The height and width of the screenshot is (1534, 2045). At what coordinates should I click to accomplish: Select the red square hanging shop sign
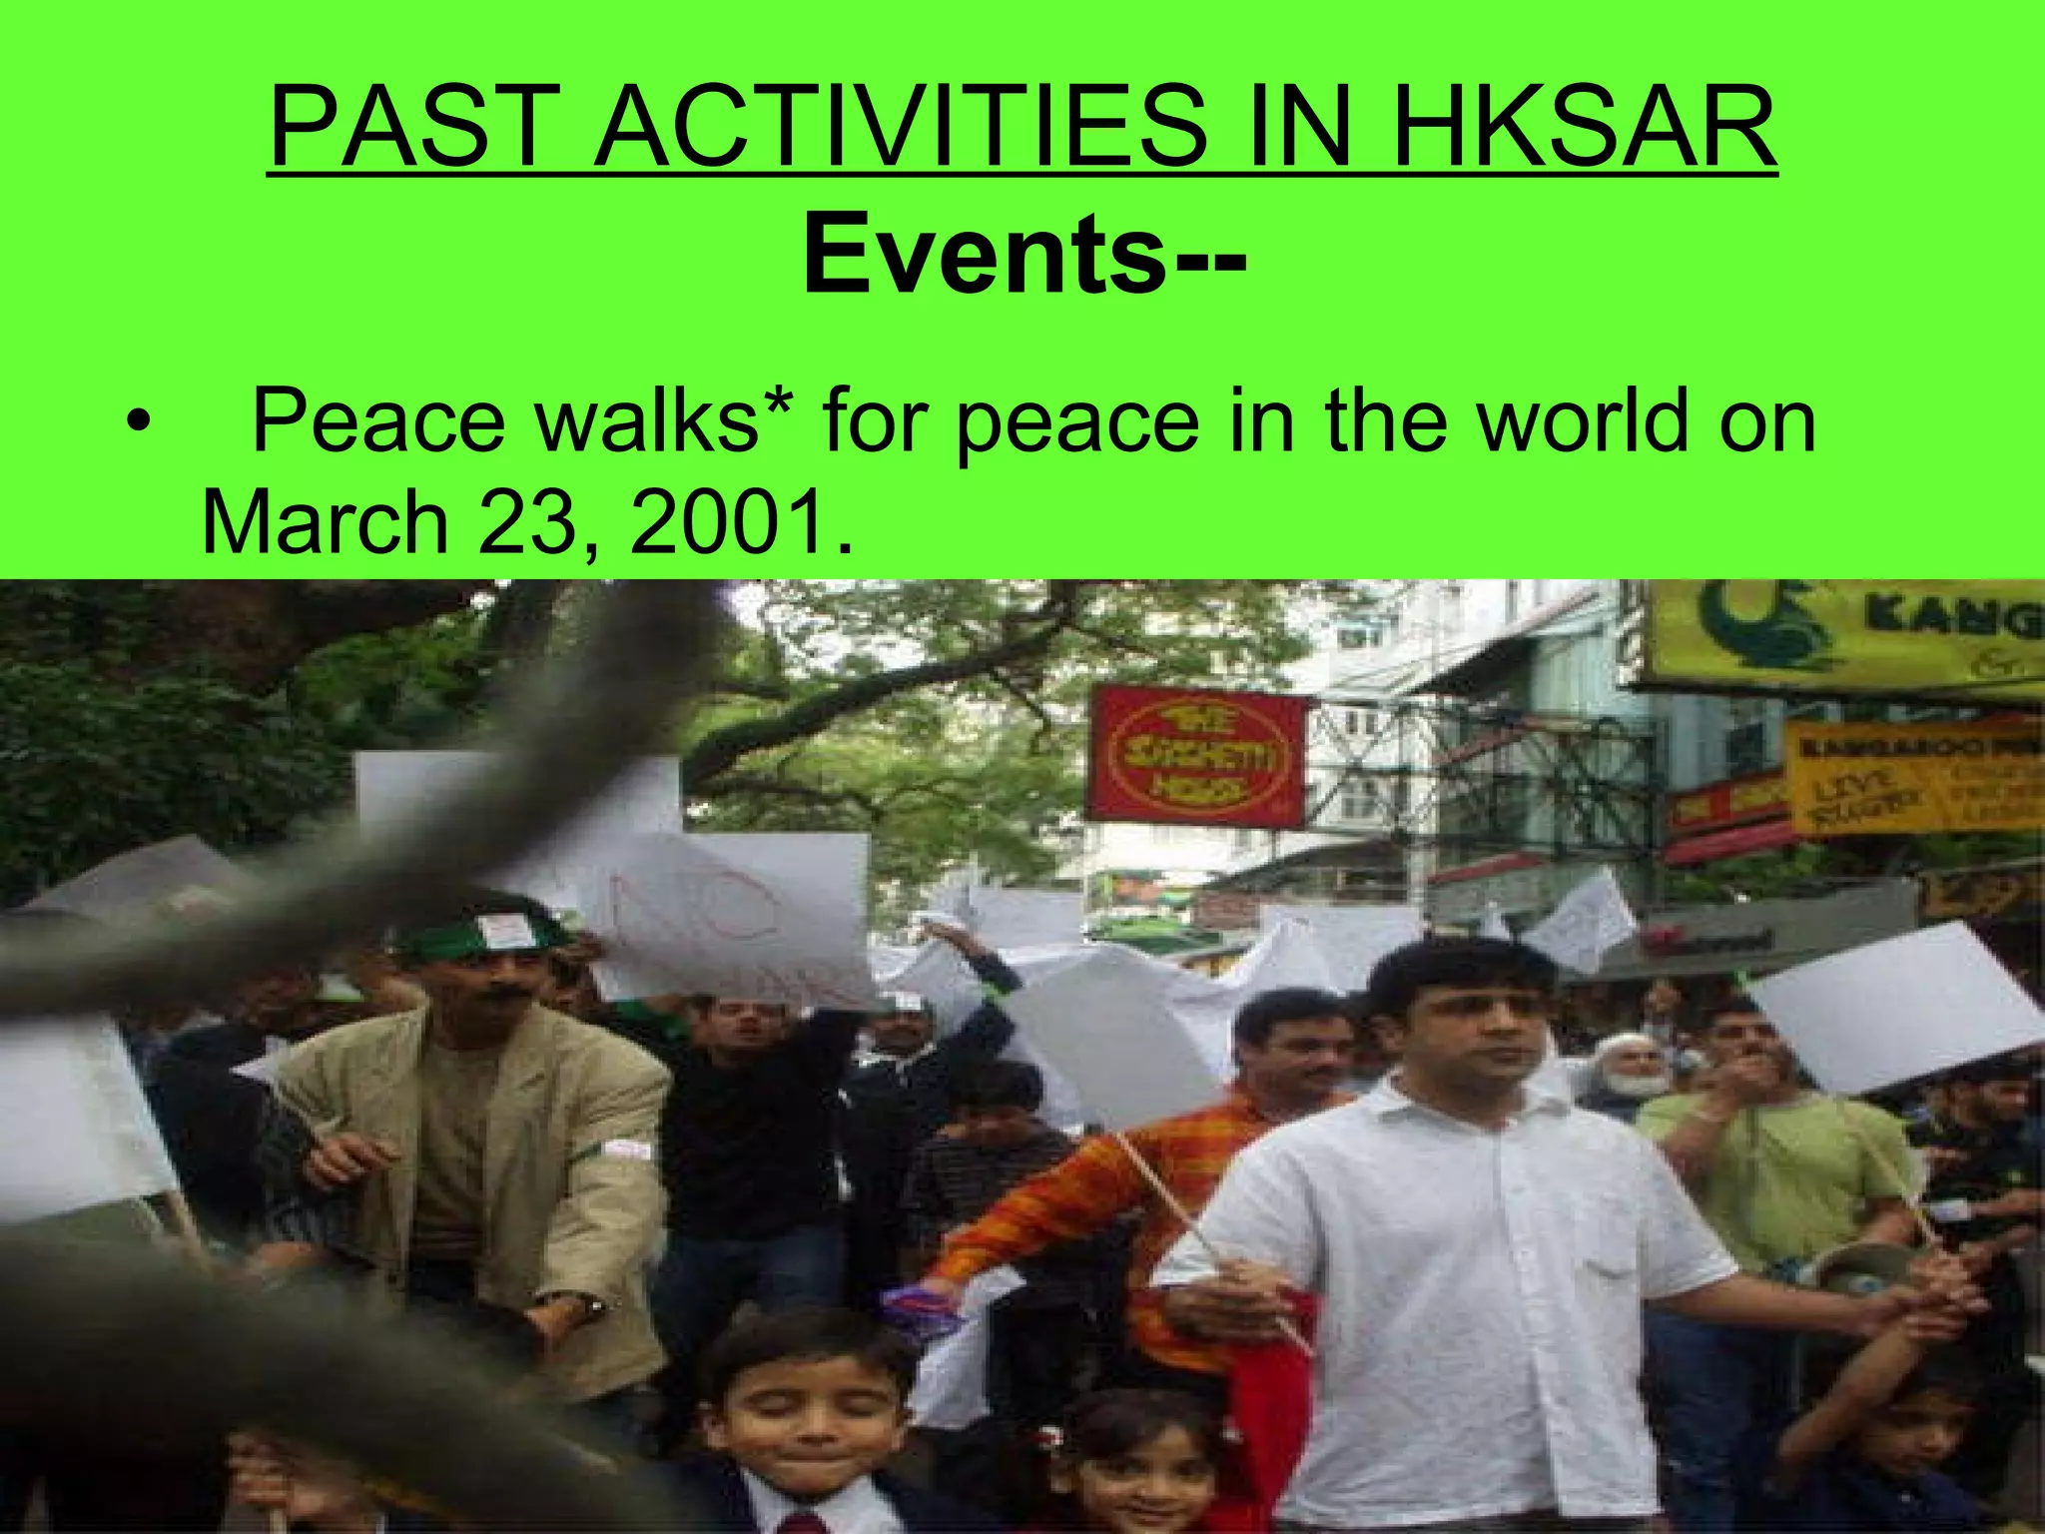pos(1196,754)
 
